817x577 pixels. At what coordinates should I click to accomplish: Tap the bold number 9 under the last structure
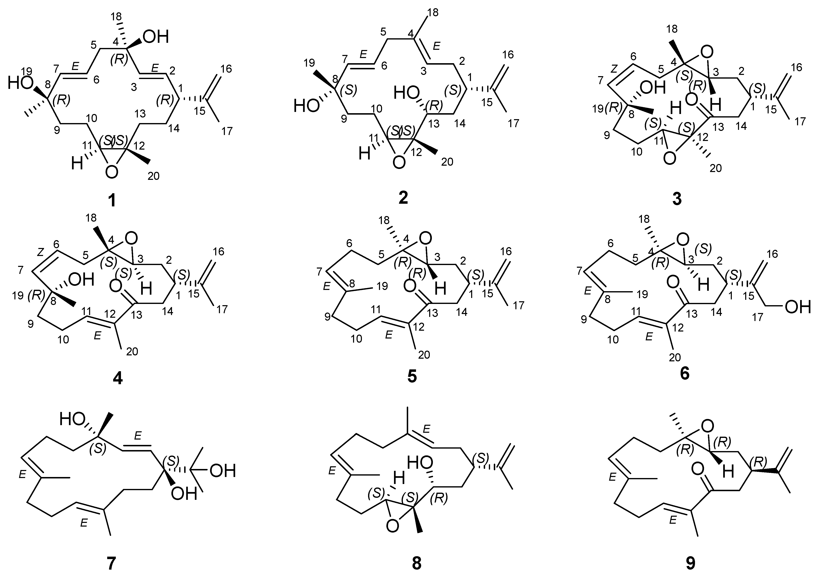point(690,563)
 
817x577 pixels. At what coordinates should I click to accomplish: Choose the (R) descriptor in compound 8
point(439,499)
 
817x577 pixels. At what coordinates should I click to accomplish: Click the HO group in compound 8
point(421,463)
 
